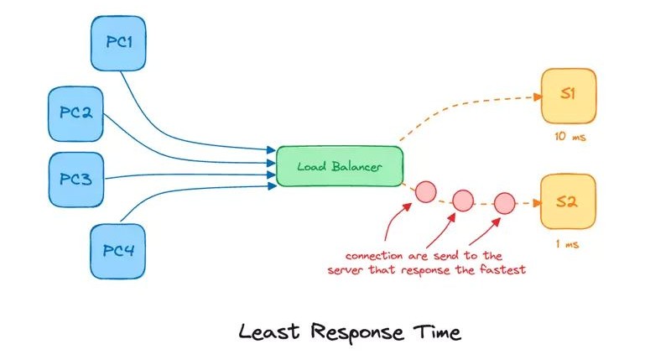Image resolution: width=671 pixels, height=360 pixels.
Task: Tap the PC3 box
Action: coord(75,179)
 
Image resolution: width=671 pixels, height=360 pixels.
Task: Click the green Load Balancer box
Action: coord(340,166)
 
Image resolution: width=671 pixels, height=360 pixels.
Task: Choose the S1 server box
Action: coord(568,96)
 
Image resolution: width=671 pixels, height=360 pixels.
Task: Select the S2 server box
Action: coord(568,202)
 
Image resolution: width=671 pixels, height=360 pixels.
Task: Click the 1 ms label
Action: coord(568,245)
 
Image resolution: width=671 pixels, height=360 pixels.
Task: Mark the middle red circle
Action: coord(463,201)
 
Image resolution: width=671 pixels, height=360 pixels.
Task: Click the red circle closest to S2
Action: coord(504,202)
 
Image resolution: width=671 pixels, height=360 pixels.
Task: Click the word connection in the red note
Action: coord(370,255)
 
